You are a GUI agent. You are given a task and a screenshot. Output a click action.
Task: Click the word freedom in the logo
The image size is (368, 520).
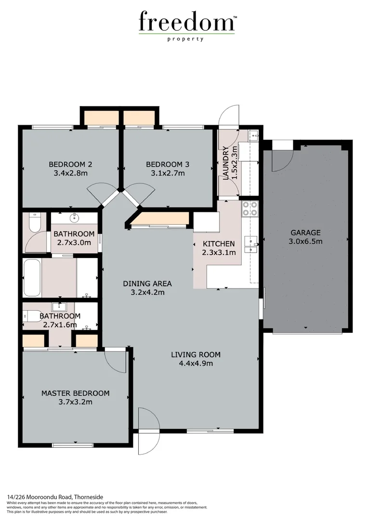click(186, 22)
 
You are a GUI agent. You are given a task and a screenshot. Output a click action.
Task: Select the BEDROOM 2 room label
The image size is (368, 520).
click(70, 164)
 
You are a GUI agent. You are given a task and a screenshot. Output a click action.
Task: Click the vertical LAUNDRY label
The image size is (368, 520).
click(226, 163)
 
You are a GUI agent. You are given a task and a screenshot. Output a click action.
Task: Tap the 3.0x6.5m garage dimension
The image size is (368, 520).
click(305, 241)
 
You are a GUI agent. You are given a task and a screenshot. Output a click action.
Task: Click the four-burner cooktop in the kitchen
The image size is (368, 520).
click(249, 208)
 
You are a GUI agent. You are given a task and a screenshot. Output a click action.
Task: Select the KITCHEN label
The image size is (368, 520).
click(219, 244)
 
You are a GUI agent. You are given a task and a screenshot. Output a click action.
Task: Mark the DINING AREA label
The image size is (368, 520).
click(147, 283)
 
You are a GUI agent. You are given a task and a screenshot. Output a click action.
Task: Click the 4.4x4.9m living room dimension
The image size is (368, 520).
click(196, 364)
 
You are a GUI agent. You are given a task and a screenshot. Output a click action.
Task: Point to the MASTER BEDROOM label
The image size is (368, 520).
click(75, 393)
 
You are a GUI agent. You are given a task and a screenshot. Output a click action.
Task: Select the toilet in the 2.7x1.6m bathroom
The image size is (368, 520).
click(32, 316)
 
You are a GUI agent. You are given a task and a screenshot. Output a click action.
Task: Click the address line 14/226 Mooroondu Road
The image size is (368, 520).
click(55, 496)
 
